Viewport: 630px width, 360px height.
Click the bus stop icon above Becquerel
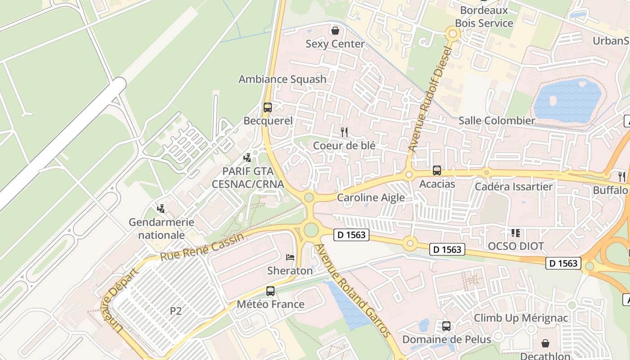268,108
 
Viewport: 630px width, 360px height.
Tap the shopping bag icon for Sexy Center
335,31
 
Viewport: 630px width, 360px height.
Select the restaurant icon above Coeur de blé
344,132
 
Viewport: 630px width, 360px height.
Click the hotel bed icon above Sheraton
290,257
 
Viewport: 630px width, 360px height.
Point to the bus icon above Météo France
270,291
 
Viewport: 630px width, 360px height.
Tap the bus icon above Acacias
437,171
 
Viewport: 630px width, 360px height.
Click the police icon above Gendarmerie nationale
161,209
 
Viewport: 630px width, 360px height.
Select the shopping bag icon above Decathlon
545,343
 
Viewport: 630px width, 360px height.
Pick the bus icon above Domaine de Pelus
446,326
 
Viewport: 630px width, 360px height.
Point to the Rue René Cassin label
202,247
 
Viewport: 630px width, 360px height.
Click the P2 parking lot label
176,311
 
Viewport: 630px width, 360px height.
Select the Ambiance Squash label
282,79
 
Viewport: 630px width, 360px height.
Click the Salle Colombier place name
496,121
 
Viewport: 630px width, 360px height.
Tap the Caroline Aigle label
371,198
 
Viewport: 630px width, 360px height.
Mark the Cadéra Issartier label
514,186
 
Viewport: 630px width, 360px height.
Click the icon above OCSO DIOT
515,233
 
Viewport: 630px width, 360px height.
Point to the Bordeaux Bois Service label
484,17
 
